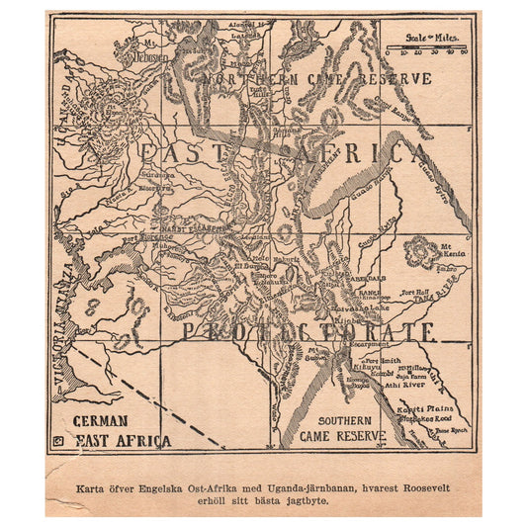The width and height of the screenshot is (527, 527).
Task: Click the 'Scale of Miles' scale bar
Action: click(426, 48)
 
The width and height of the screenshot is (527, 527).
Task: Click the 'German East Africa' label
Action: click(109, 429)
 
